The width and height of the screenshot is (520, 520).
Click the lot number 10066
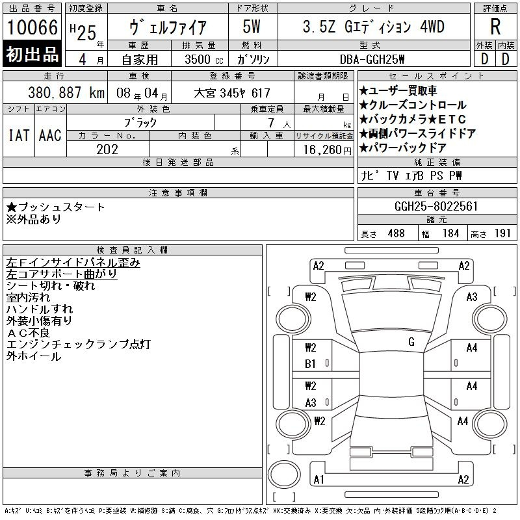coord(32,27)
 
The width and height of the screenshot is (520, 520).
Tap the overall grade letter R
coord(495,27)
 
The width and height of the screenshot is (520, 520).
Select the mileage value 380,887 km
coord(66,93)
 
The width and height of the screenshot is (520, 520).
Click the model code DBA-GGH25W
coord(372,59)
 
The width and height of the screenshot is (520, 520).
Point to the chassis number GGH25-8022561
coord(436,206)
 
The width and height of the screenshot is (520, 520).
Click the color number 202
coord(107,149)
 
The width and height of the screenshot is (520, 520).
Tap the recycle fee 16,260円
coord(328,150)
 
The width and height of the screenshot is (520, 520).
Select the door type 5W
coord(252,27)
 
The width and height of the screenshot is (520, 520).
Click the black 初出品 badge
coord(32,54)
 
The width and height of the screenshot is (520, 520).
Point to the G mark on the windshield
coord(411,342)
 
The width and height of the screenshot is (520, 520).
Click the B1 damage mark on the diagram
coord(310,364)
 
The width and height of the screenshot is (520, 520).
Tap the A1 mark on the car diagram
coord(318,480)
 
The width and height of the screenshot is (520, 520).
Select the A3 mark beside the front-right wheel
coord(472,297)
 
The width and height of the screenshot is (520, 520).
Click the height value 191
coord(502,233)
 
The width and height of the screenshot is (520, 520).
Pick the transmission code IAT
coord(19,135)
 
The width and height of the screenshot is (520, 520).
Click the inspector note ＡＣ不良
coord(28,333)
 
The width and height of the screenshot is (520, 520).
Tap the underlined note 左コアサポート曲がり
coord(62,274)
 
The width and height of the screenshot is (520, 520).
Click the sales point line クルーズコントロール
coord(413,105)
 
